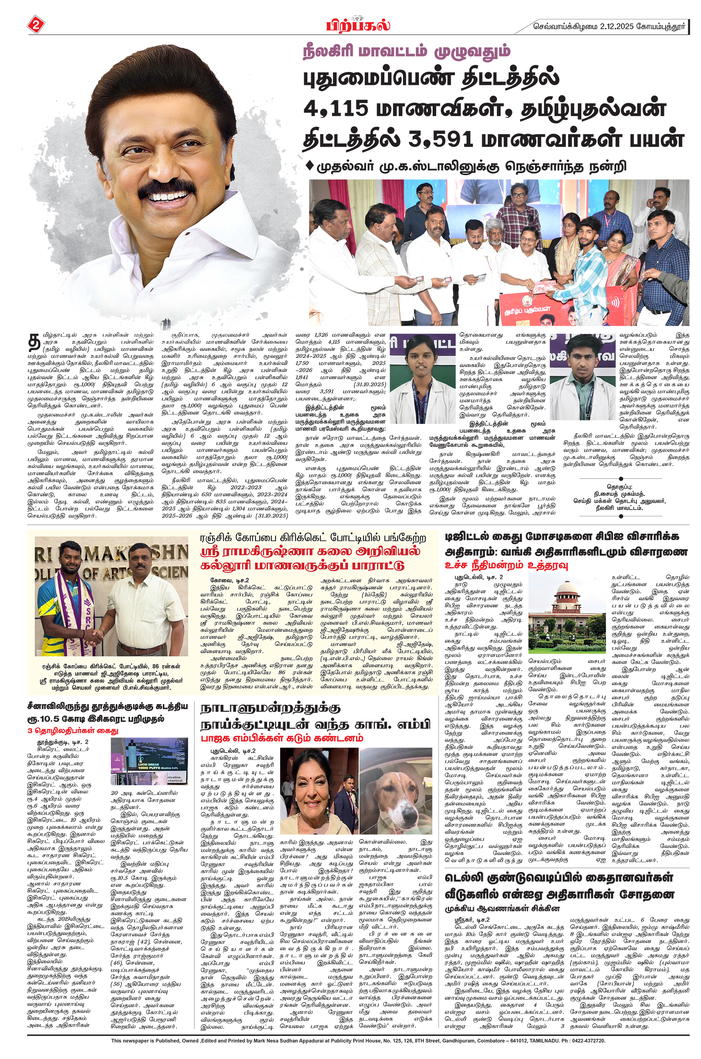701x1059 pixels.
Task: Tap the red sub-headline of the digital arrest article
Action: pyautogui.click(x=505, y=565)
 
